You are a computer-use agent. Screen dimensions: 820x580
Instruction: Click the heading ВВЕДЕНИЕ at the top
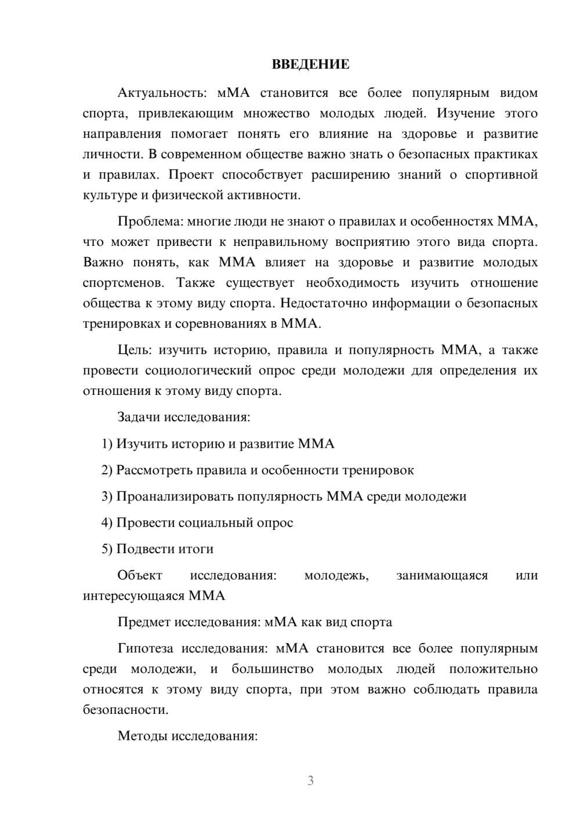(x=310, y=64)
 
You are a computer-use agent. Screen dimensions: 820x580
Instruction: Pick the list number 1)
(x=107, y=444)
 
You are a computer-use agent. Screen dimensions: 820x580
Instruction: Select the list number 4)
(x=107, y=523)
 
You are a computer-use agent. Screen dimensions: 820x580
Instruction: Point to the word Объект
(x=140, y=575)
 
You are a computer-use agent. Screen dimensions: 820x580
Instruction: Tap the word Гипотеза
(x=146, y=648)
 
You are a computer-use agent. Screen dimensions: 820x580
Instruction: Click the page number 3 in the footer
(x=310, y=781)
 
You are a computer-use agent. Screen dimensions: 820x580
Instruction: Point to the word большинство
(x=273, y=669)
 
